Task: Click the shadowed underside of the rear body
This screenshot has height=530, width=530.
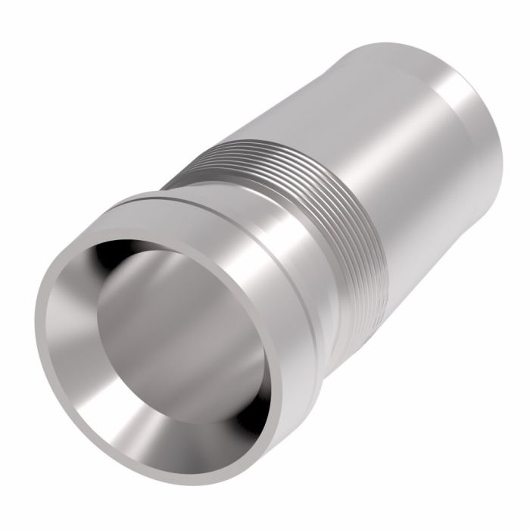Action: click(x=424, y=250)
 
